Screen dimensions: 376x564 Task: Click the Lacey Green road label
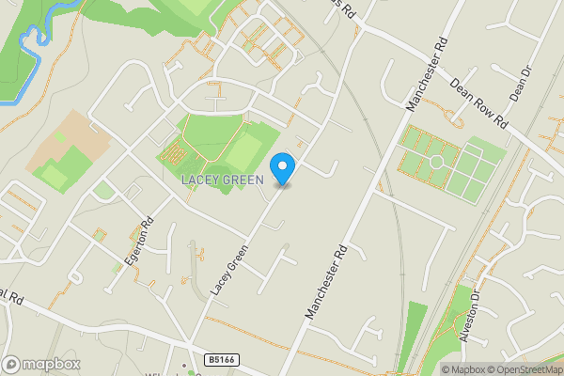click(229, 270)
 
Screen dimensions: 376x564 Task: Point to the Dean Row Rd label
click(478, 103)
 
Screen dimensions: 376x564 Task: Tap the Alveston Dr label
click(471, 318)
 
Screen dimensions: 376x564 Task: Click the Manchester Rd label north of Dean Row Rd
click(426, 74)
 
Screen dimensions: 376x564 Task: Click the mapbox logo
click(40, 364)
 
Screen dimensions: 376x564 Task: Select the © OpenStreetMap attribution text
click(523, 369)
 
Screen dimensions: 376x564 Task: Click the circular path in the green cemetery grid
click(435, 162)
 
